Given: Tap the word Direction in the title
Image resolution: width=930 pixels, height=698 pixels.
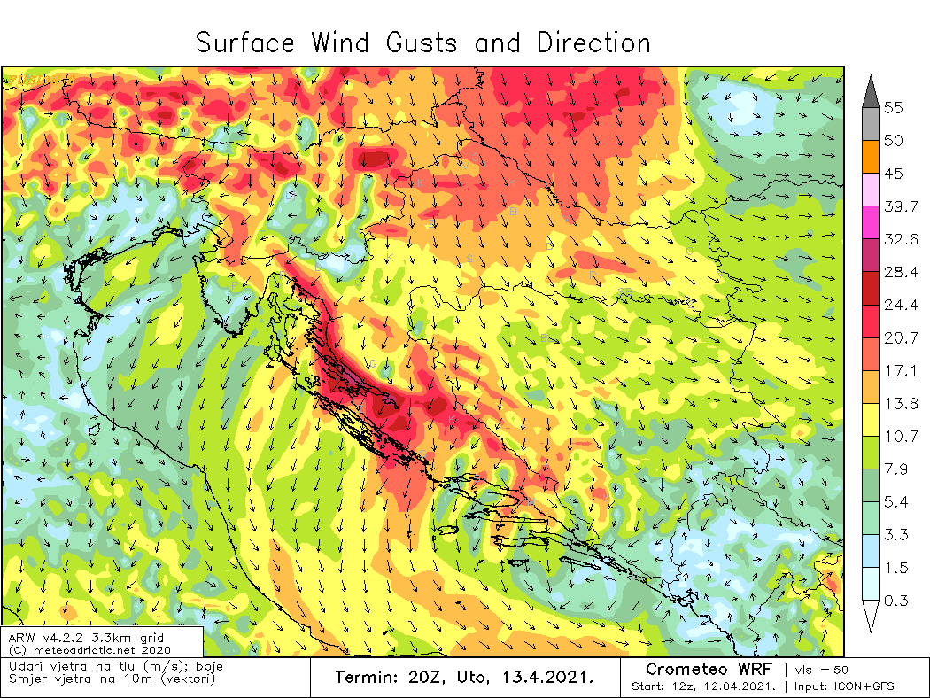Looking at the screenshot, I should pos(593,43).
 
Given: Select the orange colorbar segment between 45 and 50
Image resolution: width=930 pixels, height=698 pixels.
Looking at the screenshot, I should pos(869,157).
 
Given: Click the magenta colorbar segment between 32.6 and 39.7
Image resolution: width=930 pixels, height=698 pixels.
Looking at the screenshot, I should pos(869,222).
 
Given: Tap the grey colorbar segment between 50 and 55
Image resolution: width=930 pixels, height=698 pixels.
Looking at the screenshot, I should pos(869,124).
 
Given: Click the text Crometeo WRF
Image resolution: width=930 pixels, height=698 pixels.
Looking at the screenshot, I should pos(709,669).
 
